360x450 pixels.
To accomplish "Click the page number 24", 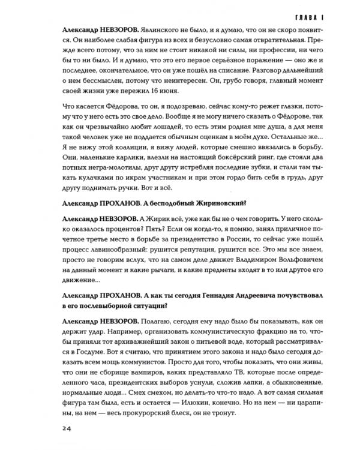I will click(x=67, y=428).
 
